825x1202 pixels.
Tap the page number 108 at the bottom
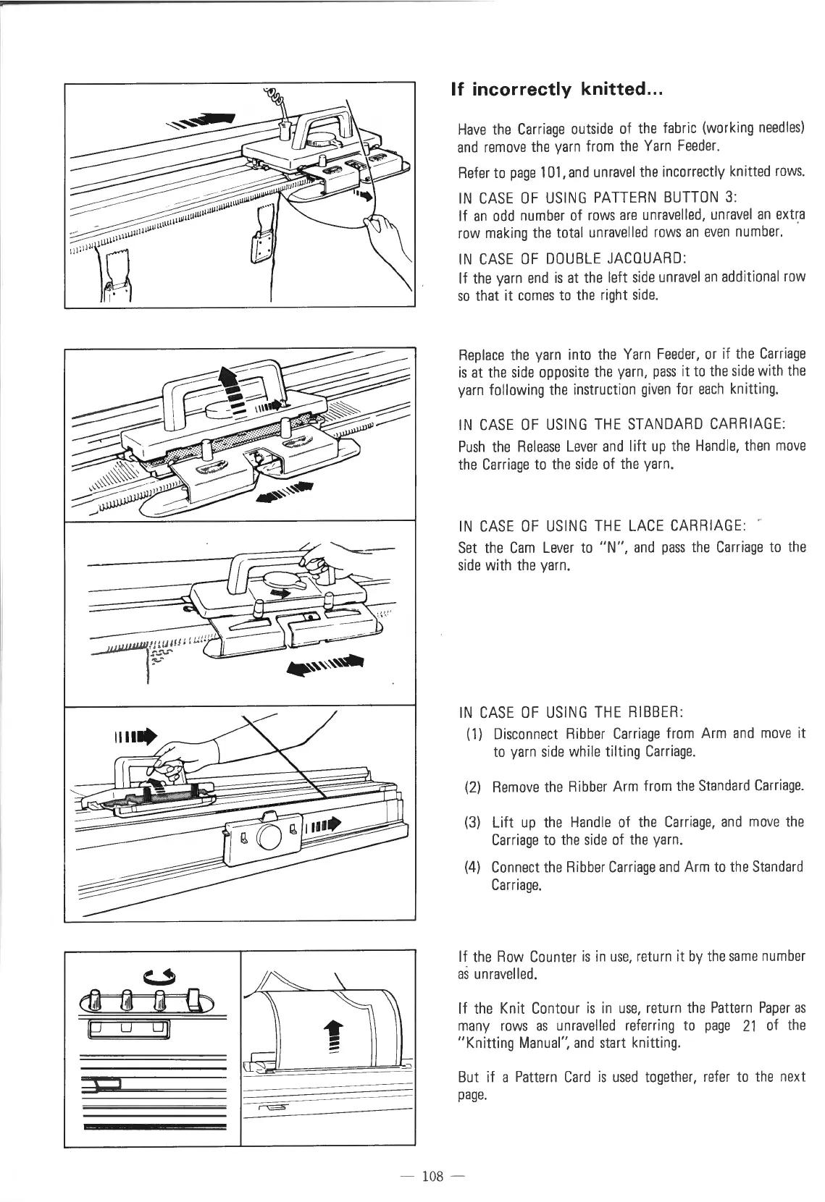(x=432, y=1176)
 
